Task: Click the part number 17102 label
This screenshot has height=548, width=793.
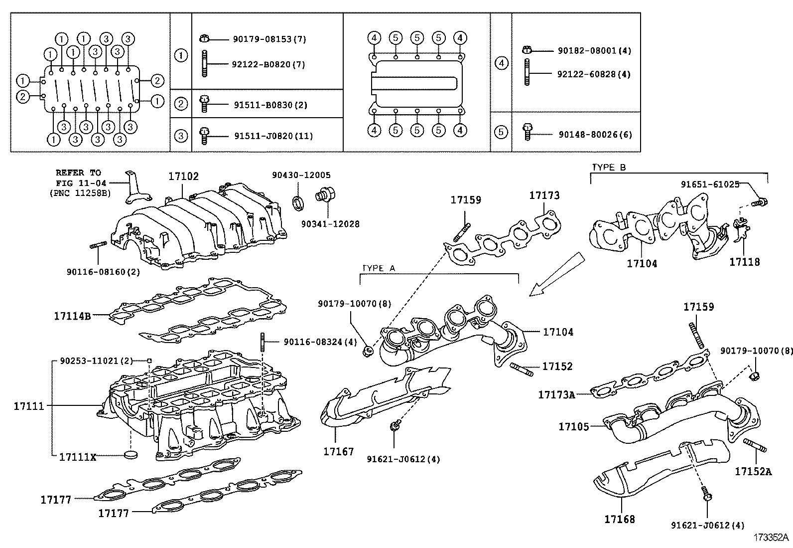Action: click(x=183, y=177)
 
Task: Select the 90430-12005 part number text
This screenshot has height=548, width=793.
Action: click(x=301, y=175)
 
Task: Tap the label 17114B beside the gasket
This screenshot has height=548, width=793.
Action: click(x=73, y=315)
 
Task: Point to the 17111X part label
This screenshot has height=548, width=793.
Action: click(x=77, y=456)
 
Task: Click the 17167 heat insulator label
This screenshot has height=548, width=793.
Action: click(x=338, y=452)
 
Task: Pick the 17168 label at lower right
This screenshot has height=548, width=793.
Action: click(x=620, y=519)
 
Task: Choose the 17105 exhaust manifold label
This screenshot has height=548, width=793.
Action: click(x=573, y=426)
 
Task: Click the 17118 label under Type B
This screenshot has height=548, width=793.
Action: click(x=745, y=261)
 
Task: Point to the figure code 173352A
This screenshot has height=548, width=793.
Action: click(x=771, y=538)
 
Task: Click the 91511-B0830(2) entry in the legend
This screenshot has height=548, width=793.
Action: click(x=270, y=105)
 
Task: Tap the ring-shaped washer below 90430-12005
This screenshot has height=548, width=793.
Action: click(x=298, y=202)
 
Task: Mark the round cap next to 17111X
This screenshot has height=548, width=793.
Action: click(x=131, y=454)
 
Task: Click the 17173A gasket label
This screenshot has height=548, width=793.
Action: click(x=556, y=395)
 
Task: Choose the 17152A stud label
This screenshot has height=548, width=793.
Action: click(x=753, y=471)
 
